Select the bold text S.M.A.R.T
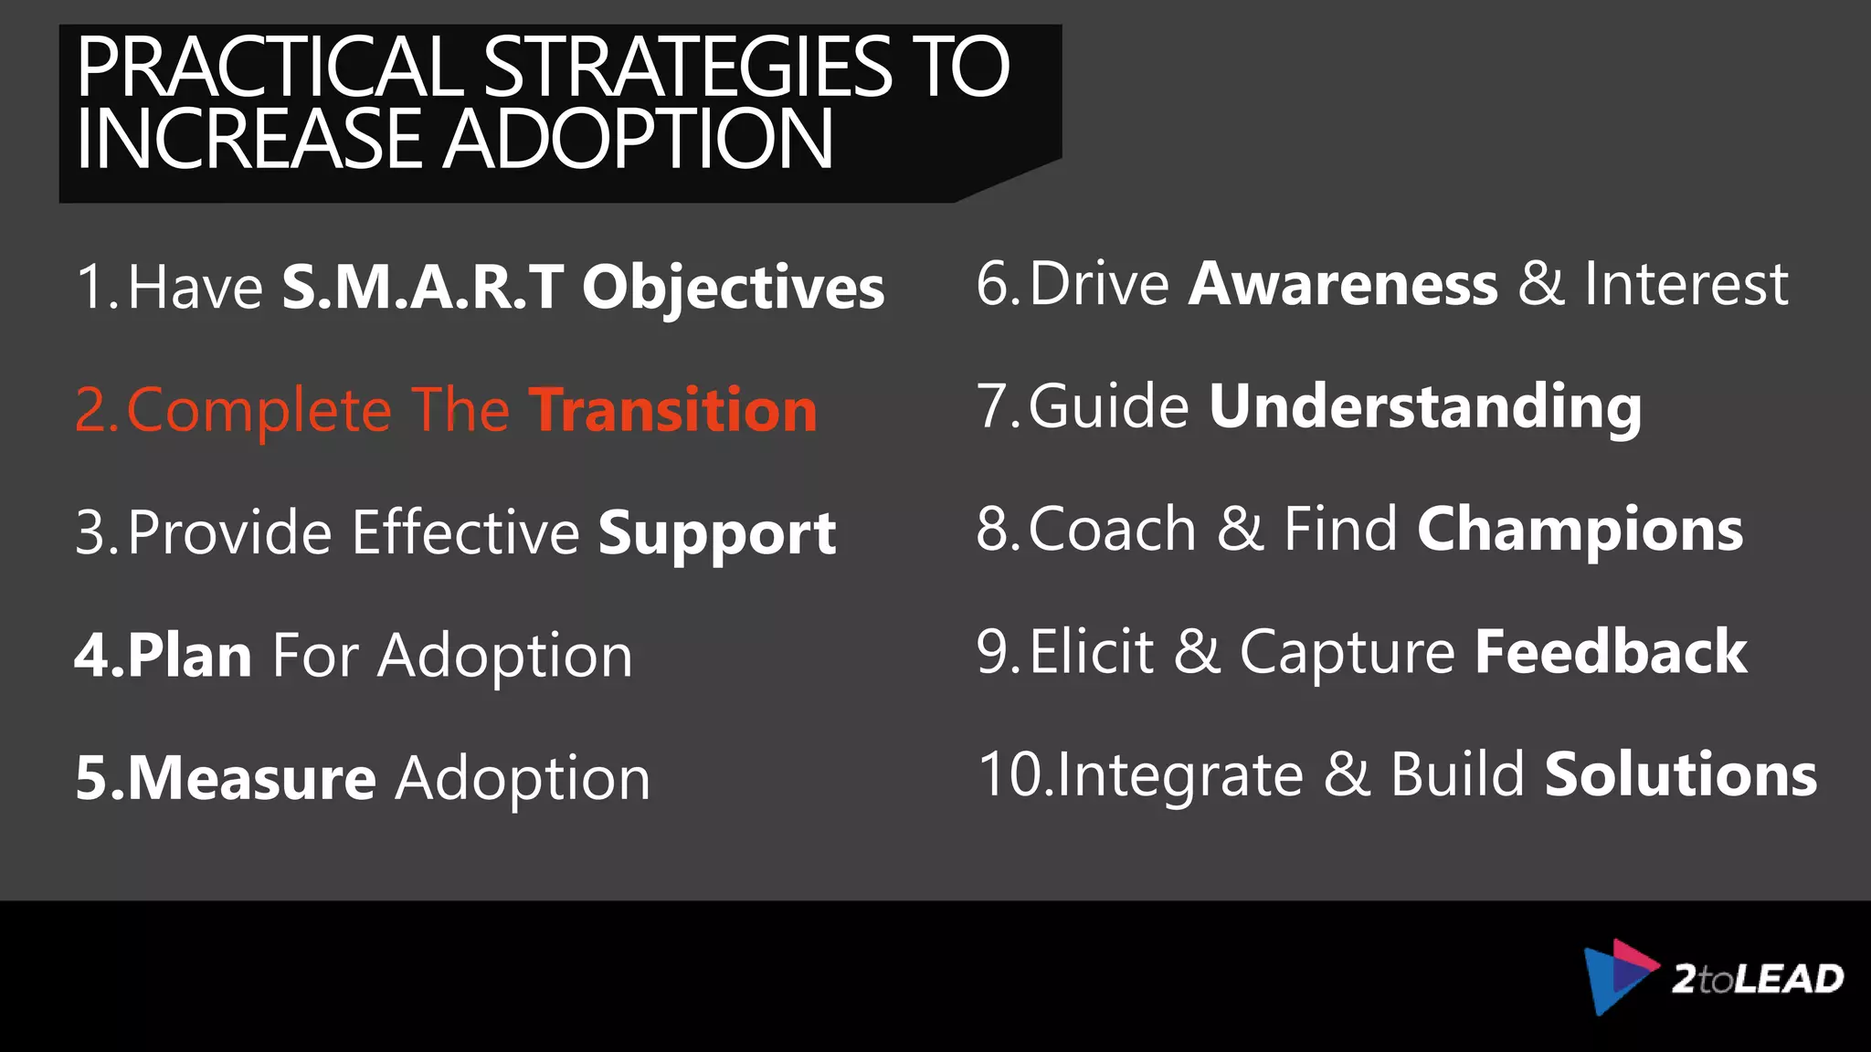422,288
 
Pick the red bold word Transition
673,410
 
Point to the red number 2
92,410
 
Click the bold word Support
717,534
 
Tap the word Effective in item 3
466,532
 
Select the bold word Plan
189,656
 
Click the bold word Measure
251,778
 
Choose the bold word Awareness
1343,284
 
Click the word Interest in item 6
1686,284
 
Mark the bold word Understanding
1424,407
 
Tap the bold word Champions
1580,530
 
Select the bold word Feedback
1611,652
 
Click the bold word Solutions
1680,774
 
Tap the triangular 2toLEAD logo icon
1617,975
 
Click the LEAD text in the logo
1788,979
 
